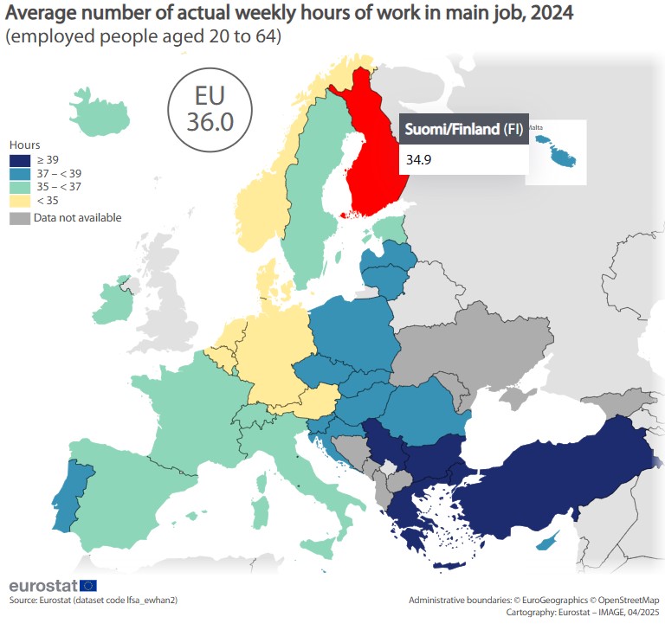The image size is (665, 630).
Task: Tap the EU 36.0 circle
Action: (209, 106)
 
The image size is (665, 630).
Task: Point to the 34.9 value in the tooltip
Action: (419, 159)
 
